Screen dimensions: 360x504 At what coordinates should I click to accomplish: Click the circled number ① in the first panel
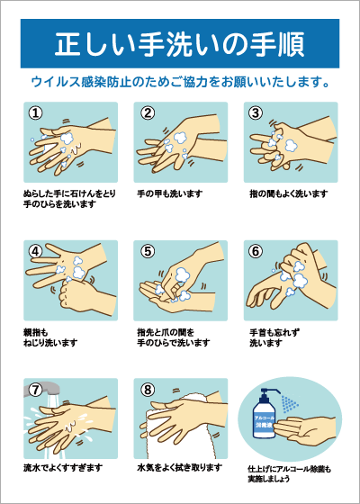click(x=35, y=112)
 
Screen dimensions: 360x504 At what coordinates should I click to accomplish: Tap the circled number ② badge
click(x=148, y=112)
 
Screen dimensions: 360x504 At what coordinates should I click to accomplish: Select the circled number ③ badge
click(x=256, y=112)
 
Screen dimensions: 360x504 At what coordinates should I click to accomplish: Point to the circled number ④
click(x=35, y=251)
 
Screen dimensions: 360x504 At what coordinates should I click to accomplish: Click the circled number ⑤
click(x=148, y=251)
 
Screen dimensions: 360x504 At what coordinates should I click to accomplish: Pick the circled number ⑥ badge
click(x=256, y=251)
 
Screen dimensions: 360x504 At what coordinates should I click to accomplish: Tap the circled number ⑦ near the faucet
click(x=35, y=390)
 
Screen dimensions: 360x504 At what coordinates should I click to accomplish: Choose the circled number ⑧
click(x=148, y=390)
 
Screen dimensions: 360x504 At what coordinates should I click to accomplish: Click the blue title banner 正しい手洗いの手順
click(x=180, y=43)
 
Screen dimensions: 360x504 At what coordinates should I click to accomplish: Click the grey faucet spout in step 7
click(x=45, y=388)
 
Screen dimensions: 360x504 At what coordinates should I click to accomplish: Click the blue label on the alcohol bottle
click(x=265, y=422)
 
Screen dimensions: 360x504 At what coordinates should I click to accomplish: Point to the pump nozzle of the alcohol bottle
click(x=270, y=391)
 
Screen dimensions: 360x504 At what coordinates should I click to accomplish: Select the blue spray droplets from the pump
click(x=289, y=404)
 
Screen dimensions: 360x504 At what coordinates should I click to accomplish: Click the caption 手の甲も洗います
click(x=170, y=193)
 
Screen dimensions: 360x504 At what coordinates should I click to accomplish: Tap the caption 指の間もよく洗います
click(x=289, y=193)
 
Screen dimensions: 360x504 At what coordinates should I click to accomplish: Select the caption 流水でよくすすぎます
click(x=63, y=467)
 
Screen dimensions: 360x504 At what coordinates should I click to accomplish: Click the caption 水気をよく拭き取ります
click(x=180, y=467)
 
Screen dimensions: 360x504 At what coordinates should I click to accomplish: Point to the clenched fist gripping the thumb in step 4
click(x=75, y=293)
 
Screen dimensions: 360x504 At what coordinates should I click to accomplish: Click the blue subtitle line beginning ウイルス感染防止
click(x=180, y=83)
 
